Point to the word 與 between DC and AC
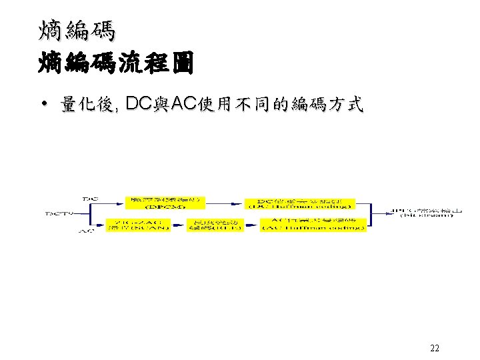(161, 104)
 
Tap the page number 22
(435, 348)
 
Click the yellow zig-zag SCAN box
(135, 225)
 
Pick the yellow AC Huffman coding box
(313, 225)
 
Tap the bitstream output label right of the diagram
(427, 213)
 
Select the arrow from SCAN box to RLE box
(175, 225)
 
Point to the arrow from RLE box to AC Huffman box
(249, 225)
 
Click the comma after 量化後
(118, 108)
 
